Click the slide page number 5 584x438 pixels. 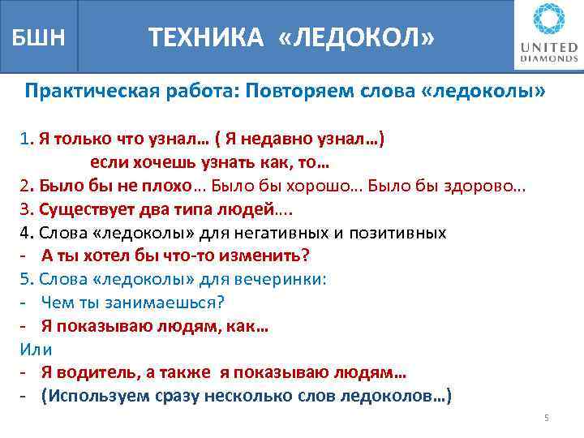click(x=546, y=418)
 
